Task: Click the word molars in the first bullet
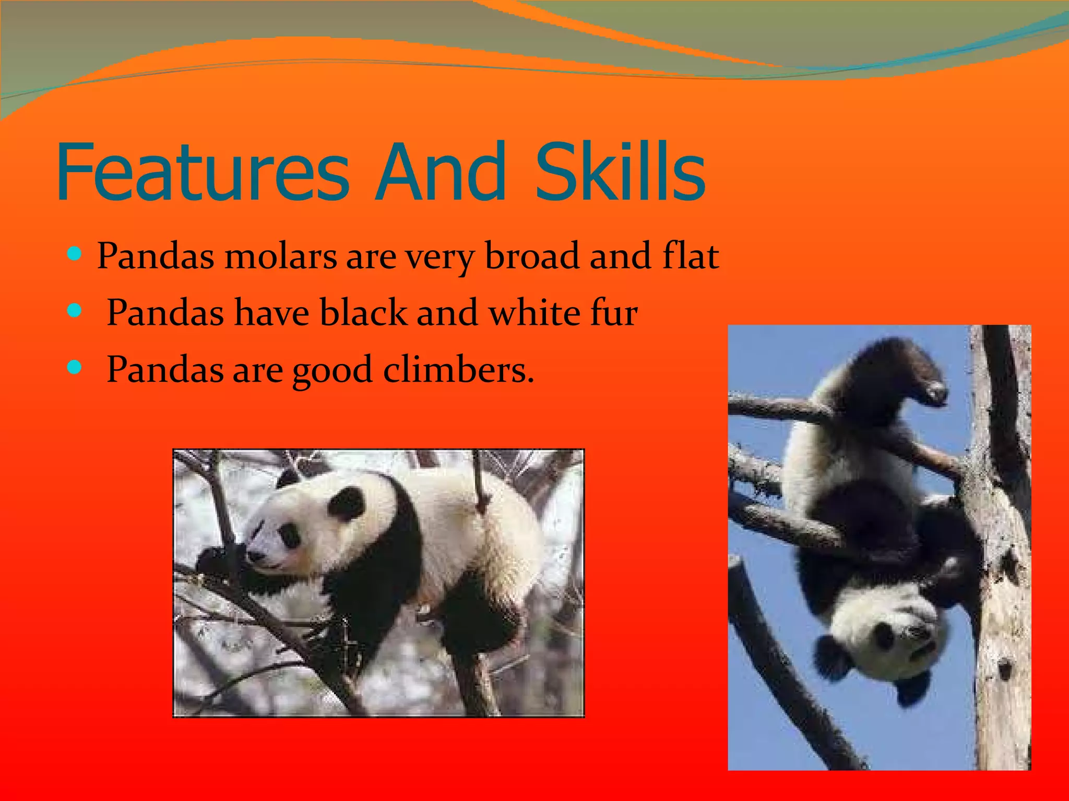[280, 257]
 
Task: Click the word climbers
[458, 369]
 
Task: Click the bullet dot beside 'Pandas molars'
[75, 254]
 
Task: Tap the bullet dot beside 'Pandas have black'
[75, 311]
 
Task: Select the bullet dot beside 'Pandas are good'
[75, 367]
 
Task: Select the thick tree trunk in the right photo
[1000, 600]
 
